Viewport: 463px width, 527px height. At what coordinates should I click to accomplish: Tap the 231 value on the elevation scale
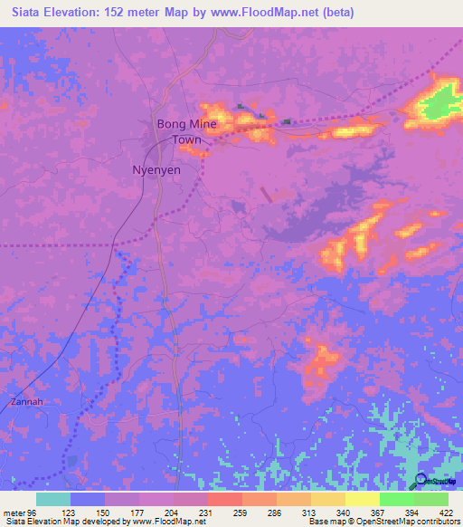click(x=207, y=512)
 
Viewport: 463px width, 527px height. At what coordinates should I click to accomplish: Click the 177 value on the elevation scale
click(x=138, y=512)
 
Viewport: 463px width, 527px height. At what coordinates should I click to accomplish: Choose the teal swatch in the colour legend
click(x=53, y=499)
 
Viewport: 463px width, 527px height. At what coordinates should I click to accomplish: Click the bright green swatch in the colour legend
click(x=396, y=499)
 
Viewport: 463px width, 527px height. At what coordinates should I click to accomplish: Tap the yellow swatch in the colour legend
click(x=362, y=499)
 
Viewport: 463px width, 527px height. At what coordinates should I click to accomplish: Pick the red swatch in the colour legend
click(x=224, y=499)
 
